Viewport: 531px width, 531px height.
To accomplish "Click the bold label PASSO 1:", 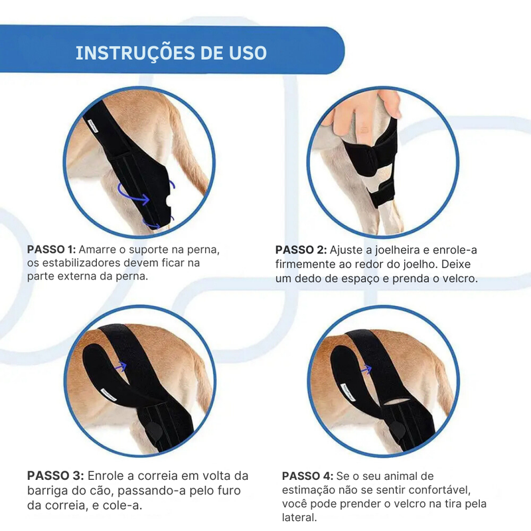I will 52,250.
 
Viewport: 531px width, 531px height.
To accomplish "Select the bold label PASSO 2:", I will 301,250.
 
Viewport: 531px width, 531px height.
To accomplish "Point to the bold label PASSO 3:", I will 55,476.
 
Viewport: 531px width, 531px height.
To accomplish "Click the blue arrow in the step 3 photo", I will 121,364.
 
